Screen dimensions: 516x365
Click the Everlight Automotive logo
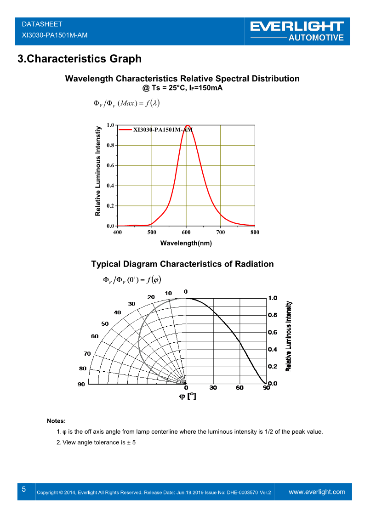297,31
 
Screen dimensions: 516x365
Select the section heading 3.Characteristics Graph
79,59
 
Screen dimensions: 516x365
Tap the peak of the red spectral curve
187,125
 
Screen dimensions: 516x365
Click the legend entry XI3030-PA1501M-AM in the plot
163,130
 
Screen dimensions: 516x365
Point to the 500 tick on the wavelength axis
152,232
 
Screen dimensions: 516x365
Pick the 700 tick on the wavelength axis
221,232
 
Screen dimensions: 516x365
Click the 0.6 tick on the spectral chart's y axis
110,165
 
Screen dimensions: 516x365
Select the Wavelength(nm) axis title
186,244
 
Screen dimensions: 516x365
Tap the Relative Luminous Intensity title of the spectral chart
98,171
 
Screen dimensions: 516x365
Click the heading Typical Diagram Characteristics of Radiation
182,264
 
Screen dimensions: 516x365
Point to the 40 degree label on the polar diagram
117,312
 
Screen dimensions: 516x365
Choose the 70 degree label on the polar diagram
87,354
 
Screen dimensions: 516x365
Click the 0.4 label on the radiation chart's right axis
273,350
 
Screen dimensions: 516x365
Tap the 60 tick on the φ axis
240,388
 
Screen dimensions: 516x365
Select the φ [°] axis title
187,397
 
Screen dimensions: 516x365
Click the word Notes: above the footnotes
56,421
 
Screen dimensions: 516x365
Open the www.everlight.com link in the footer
317,492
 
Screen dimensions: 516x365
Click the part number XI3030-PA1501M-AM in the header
55,35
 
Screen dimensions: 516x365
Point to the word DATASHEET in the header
42,24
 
